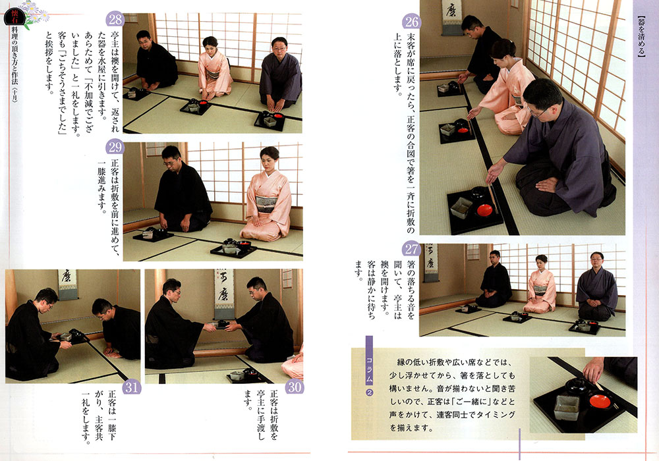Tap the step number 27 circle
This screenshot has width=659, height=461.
coord(411,250)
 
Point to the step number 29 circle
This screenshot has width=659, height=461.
coord(115,147)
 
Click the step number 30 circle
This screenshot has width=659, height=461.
coord(294,387)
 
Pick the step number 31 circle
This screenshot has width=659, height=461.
coord(131,387)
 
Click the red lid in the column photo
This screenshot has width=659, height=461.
coord(600,401)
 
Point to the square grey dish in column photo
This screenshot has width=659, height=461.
coord(565,407)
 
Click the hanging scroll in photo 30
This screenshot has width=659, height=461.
coord(223,295)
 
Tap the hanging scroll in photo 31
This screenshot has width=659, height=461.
coord(67,285)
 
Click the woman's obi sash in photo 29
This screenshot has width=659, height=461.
coord(266,203)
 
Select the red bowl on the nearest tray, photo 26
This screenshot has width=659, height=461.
coord(484,209)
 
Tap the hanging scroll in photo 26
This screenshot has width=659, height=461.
coord(452,17)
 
